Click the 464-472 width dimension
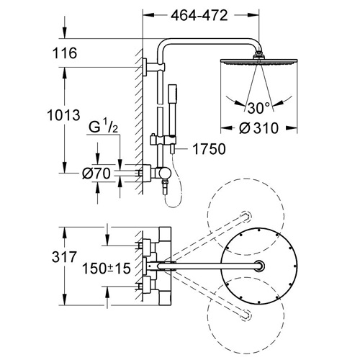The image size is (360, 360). coord(199,16)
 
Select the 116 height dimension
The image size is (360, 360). coord(65,53)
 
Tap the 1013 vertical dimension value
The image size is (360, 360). coord(63,115)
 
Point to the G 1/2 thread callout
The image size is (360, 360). coord(104,127)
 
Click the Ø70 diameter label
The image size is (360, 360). coord(96,174)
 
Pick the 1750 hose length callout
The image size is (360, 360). coord(209,149)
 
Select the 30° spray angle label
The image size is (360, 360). coord(258,108)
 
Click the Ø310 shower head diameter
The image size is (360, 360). coord(258,128)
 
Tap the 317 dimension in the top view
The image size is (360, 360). coord(64,257)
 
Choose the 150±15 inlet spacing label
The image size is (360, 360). coord(107,269)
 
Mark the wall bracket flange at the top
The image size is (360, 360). coord(145,67)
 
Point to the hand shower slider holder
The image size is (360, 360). coord(163,140)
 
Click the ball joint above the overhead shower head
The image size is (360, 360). coord(259,55)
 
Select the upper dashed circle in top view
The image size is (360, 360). coord(246,217)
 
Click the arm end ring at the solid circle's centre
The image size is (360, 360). coord(259,266)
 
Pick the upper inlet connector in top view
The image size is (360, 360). coord(146,246)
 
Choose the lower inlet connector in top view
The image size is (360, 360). coord(146,287)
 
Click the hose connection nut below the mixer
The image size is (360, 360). coord(165,186)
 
